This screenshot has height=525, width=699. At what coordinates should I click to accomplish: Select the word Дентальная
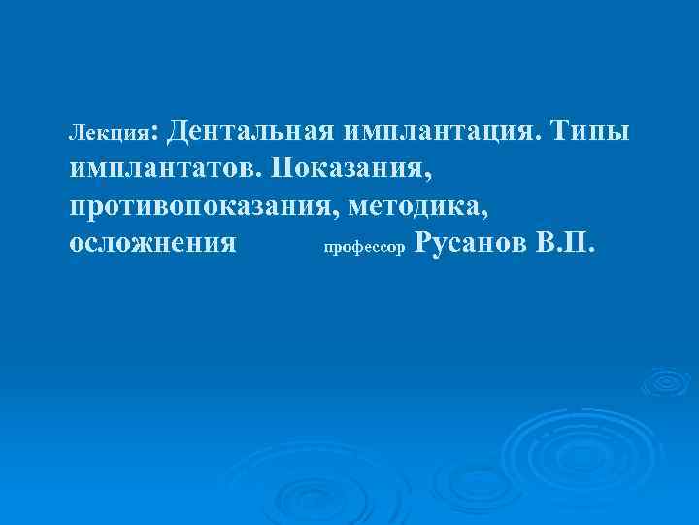(255, 128)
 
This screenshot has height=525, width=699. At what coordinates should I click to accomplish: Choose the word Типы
(590, 128)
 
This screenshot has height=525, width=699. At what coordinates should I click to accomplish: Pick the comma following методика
(499, 213)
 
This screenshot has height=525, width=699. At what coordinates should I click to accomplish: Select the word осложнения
(153, 243)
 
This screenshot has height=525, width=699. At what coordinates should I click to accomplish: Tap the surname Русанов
(469, 242)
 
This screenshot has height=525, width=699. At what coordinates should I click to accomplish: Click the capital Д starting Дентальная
(190, 128)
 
